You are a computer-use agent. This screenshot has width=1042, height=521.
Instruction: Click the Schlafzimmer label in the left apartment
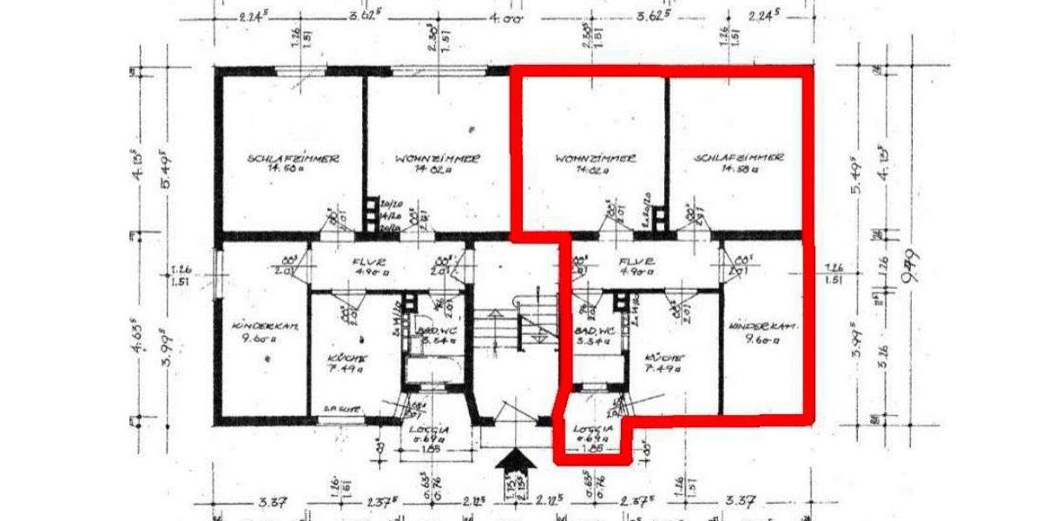pos(293,159)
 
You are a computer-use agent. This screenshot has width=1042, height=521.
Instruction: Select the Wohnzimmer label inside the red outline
pos(595,159)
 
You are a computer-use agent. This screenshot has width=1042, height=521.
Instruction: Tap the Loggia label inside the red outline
pos(595,428)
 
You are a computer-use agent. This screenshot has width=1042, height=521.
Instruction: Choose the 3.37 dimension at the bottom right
pos(743,501)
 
